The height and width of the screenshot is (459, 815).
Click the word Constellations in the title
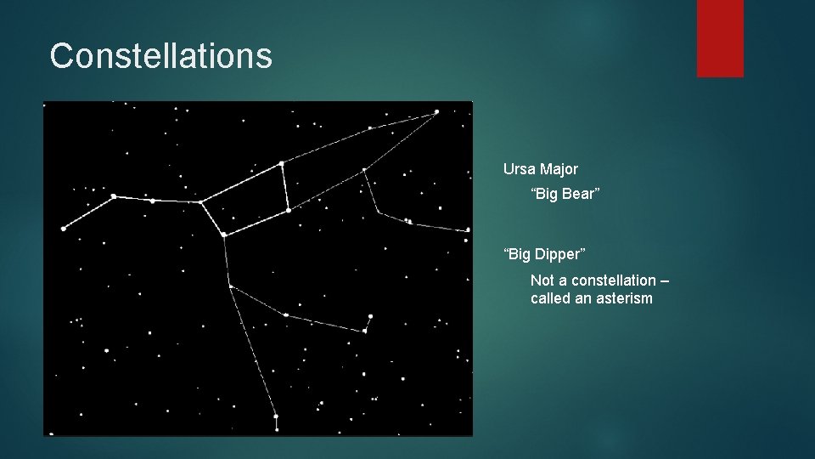click(160, 56)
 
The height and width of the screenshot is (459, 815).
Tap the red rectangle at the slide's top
click(720, 38)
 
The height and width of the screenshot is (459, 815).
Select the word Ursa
click(520, 169)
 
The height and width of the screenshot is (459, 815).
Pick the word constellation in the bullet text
click(614, 280)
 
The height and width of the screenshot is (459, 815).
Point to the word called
click(551, 298)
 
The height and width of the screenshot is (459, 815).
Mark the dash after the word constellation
click(663, 280)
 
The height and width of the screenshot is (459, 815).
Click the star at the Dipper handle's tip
click(64, 229)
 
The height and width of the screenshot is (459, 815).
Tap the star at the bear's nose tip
click(437, 111)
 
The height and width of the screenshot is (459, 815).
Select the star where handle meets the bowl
click(200, 202)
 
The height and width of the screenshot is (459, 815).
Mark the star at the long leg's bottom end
click(275, 416)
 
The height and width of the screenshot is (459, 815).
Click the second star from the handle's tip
click(113, 196)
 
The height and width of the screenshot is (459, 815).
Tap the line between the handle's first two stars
click(88, 212)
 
